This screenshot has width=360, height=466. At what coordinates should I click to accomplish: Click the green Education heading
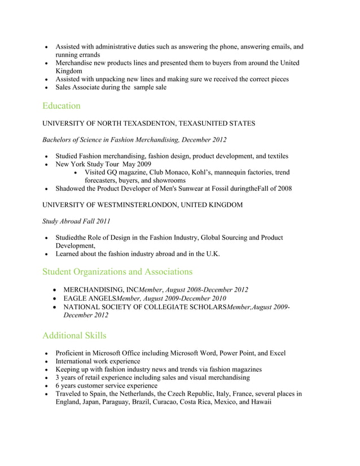[x=61, y=105]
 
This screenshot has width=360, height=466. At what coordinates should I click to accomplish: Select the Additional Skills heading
[x=74, y=336]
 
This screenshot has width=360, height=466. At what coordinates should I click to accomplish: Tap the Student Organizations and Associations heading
[x=117, y=271]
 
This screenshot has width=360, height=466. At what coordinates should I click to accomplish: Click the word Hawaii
[x=259, y=402]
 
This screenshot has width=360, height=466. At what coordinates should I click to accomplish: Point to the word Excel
[x=277, y=353]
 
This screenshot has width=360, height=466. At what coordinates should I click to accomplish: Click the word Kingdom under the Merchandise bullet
[x=69, y=72]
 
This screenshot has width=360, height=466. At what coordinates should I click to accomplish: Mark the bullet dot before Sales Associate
[x=46, y=88]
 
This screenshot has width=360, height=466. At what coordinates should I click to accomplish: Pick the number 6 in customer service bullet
[x=58, y=386]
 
